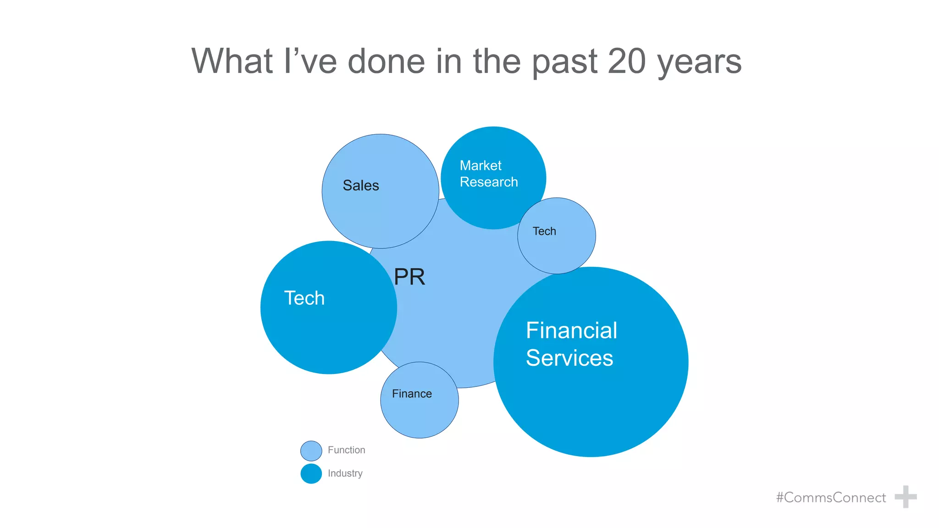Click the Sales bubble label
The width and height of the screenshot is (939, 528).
[361, 186]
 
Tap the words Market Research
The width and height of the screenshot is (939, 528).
[488, 174]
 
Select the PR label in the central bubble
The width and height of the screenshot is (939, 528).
[409, 277]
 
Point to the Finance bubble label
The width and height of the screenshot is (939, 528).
[412, 394]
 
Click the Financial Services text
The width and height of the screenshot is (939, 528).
[571, 344]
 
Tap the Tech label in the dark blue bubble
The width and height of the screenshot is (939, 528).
[304, 298]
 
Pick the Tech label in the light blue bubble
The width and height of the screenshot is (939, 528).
[544, 231]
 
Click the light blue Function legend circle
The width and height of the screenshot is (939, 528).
[311, 451]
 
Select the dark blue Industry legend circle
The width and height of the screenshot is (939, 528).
[311, 473]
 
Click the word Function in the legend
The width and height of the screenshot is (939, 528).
[346, 450]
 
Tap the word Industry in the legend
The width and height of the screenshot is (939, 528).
[345, 473]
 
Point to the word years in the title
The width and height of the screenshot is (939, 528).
[700, 62]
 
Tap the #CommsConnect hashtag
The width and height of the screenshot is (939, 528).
[831, 497]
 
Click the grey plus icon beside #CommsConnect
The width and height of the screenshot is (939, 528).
[906, 497]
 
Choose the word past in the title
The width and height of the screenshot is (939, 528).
[565, 62]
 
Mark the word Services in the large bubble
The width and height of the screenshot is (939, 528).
[569, 358]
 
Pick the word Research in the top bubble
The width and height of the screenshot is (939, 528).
[489, 182]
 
